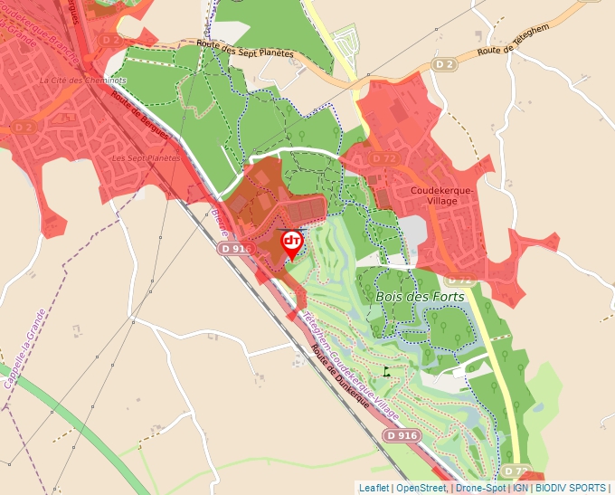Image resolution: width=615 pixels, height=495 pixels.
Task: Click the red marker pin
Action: point(291,243)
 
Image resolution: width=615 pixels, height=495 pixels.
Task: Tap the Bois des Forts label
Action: point(419,296)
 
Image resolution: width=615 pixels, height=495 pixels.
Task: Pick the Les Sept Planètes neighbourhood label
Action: point(145,157)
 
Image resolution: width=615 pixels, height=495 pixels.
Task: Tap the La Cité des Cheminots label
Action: point(83,80)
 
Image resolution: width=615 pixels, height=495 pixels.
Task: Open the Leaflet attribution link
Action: point(374,488)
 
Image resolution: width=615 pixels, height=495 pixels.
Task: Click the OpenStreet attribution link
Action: point(421,488)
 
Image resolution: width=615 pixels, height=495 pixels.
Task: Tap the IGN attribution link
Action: point(521,488)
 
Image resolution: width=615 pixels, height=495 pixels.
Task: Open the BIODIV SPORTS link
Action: point(571,488)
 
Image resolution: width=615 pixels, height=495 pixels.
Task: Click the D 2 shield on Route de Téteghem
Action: point(442,64)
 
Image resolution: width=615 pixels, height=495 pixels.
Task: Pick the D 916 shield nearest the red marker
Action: point(235,248)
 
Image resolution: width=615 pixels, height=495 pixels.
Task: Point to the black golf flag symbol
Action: point(386,371)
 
